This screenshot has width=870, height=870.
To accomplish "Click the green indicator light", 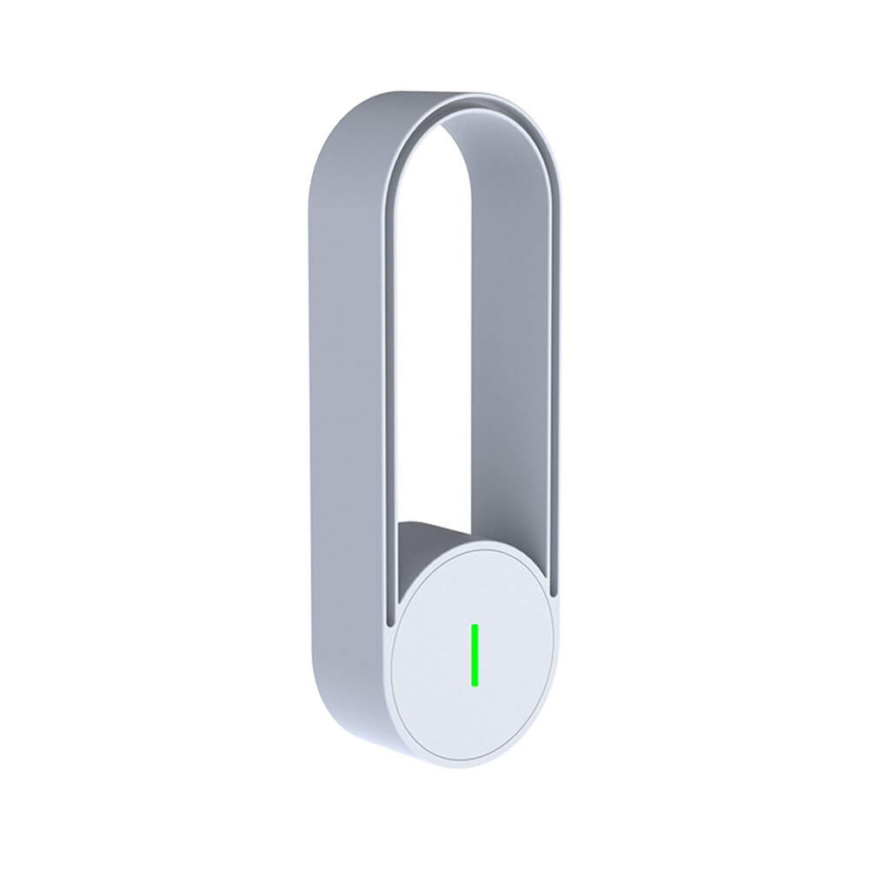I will point(475,654).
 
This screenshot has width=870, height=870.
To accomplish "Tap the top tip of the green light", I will point(475,626).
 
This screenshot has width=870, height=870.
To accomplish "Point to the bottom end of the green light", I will point(475,683).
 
